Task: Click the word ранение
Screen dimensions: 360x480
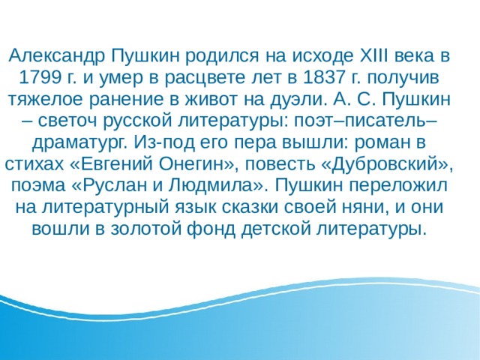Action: pos(127,98)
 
